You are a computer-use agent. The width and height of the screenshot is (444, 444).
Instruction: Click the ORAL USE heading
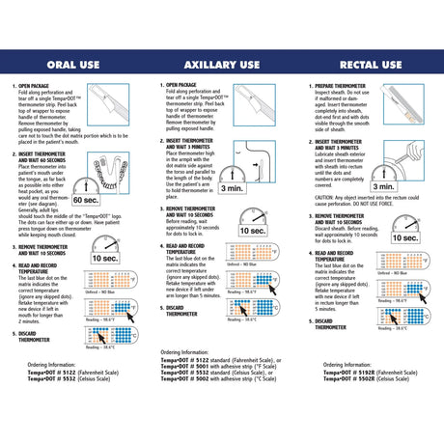click(73, 65)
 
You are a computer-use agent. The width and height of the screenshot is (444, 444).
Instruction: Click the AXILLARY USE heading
click(221, 65)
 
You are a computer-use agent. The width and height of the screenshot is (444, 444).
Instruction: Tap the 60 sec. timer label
click(85, 199)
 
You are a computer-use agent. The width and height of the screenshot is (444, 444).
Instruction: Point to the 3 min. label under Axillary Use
click(232, 189)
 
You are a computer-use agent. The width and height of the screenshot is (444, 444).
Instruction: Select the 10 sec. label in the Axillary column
click(254, 231)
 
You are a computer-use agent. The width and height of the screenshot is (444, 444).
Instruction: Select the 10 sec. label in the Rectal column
click(403, 236)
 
